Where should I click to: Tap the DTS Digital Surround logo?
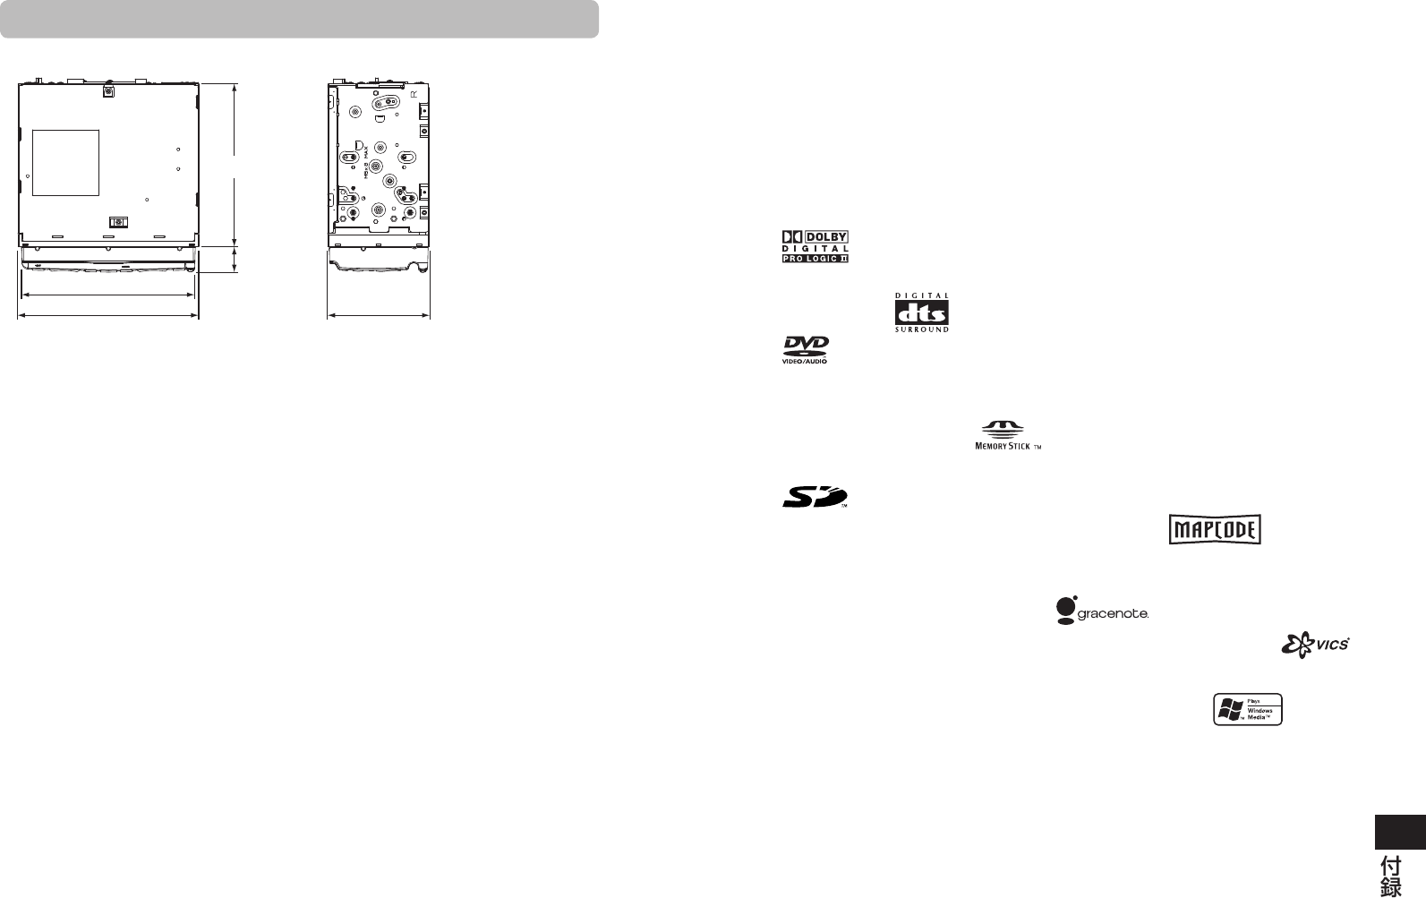click(x=922, y=312)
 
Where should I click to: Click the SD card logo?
click(x=814, y=497)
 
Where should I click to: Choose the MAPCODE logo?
click(x=1215, y=530)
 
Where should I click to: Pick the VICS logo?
click(x=1315, y=644)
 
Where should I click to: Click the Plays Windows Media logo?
click(x=1248, y=709)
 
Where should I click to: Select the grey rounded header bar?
click(x=299, y=19)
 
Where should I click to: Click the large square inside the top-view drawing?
click(x=65, y=162)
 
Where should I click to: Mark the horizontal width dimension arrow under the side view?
click(x=380, y=315)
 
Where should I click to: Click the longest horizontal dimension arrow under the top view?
click(x=108, y=315)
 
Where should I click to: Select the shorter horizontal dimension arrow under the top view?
click(x=107, y=294)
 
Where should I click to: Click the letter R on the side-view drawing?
click(x=414, y=93)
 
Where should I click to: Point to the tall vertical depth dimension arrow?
click(x=235, y=164)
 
